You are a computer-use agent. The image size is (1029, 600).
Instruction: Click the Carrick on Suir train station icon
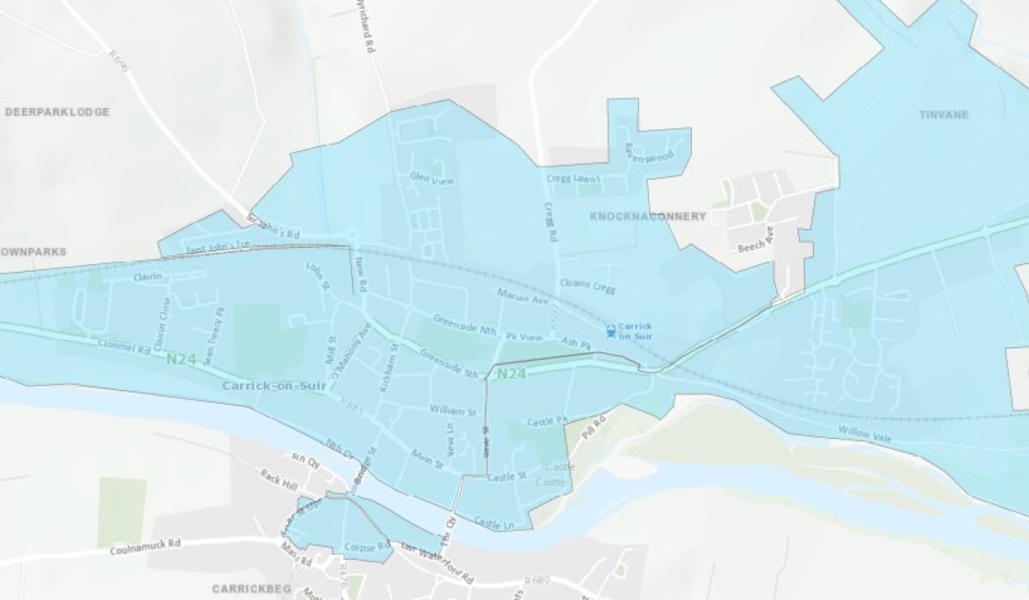coord(611,330)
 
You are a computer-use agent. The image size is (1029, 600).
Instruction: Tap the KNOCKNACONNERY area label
coord(648,217)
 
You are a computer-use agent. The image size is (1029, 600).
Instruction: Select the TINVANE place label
coord(943,115)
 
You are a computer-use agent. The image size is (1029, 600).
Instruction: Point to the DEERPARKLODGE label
coord(57,112)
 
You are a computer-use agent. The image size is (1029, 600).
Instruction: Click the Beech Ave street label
coord(756,239)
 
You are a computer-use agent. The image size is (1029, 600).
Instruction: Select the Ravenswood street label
coord(648,153)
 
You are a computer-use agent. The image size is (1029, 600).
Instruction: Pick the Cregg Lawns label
coord(574,179)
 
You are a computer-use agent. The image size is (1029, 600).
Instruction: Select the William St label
coord(453,411)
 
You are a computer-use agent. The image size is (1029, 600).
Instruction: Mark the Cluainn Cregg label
coord(587,284)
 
